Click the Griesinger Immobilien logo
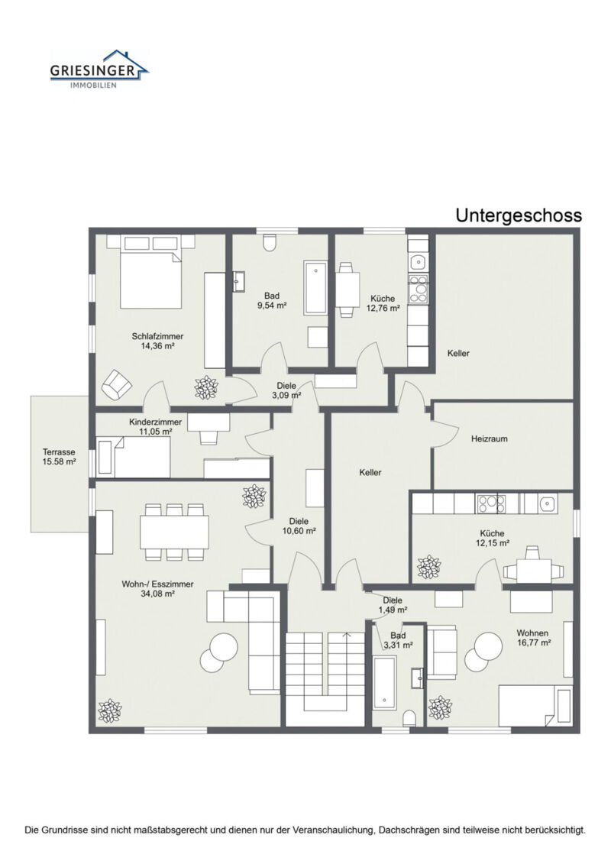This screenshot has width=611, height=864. point(100,69)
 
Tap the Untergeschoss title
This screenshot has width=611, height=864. point(519,215)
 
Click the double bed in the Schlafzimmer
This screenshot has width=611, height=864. point(150,272)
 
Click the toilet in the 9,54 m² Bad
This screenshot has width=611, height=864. point(270,243)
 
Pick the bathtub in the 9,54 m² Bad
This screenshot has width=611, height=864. point(315,288)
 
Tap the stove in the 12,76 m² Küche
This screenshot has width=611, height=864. point(419,288)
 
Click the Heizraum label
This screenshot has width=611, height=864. point(490,439)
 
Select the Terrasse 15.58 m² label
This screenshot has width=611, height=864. point(59,457)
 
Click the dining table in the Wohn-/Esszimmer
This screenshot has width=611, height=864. point(175,532)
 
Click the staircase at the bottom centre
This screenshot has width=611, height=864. point(325,678)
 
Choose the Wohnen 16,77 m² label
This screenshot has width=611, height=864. point(534,638)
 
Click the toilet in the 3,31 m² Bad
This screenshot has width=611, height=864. point(409,718)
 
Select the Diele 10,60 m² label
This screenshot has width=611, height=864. point(299,526)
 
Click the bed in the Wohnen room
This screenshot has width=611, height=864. point(535,705)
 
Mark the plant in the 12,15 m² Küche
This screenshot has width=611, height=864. point(428,568)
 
